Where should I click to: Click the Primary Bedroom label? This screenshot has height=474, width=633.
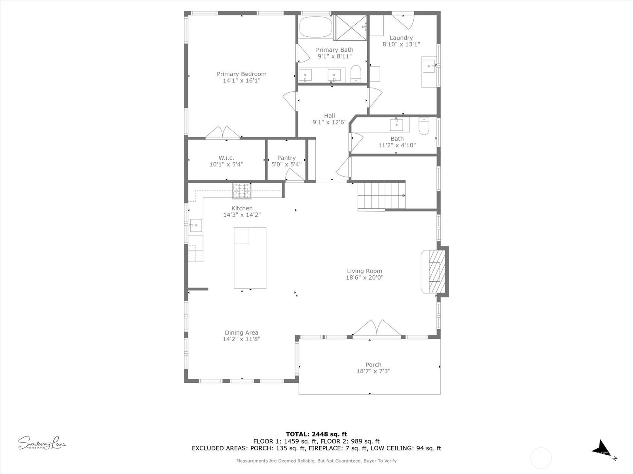tap(241, 74)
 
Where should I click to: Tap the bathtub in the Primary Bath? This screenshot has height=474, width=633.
tap(316, 27)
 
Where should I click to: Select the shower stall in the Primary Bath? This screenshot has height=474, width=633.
tap(351, 27)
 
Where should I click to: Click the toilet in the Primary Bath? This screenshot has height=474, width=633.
tap(356, 74)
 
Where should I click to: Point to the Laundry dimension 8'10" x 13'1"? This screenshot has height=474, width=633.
tap(401, 44)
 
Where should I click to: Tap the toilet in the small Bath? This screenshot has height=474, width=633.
tap(424, 126)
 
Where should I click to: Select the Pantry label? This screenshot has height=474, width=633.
tap(286, 158)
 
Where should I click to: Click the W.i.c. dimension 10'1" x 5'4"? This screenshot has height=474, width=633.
tap(226, 164)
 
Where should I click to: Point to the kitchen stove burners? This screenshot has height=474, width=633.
tap(242, 191)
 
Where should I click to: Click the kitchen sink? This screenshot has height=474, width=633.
tap(195, 226)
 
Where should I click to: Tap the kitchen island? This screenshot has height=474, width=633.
tap(250, 258)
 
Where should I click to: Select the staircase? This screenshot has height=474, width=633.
tap(381, 195)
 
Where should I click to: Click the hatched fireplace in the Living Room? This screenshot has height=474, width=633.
tap(435, 271)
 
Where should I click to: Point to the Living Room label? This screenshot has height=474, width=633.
tap(364, 271)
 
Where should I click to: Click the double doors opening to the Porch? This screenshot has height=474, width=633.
tap(377, 329)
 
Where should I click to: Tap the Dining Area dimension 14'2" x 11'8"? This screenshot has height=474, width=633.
tap(241, 339)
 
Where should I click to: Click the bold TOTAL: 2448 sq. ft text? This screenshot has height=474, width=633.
tap(316, 434)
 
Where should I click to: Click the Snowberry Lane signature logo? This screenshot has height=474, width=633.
tap(42, 443)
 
